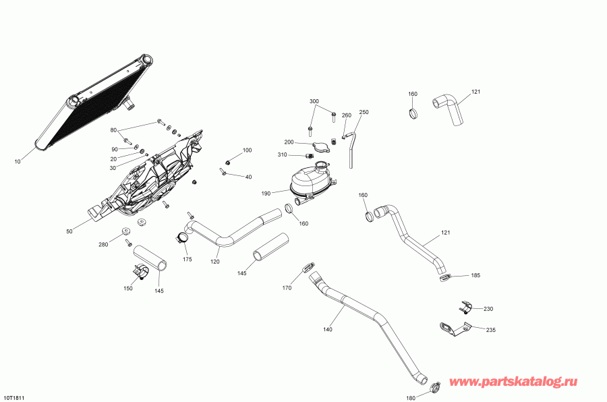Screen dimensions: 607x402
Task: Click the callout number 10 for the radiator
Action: (18, 162)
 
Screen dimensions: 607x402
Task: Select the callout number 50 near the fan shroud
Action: (69, 231)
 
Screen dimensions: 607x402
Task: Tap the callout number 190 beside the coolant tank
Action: (266, 194)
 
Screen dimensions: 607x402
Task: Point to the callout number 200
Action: (289, 142)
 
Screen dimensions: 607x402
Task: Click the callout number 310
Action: (282, 155)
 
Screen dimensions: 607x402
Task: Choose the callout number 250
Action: (364, 112)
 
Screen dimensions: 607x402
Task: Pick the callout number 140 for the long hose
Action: (328, 330)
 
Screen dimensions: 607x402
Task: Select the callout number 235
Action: (491, 330)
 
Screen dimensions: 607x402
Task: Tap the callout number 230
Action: (488, 309)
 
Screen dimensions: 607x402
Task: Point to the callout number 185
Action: (475, 275)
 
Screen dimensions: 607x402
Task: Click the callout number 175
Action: (187, 259)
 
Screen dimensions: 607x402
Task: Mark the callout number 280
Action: (103, 245)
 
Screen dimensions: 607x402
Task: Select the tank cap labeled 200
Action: (321, 147)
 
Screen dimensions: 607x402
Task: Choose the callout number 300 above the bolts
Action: (314, 101)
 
